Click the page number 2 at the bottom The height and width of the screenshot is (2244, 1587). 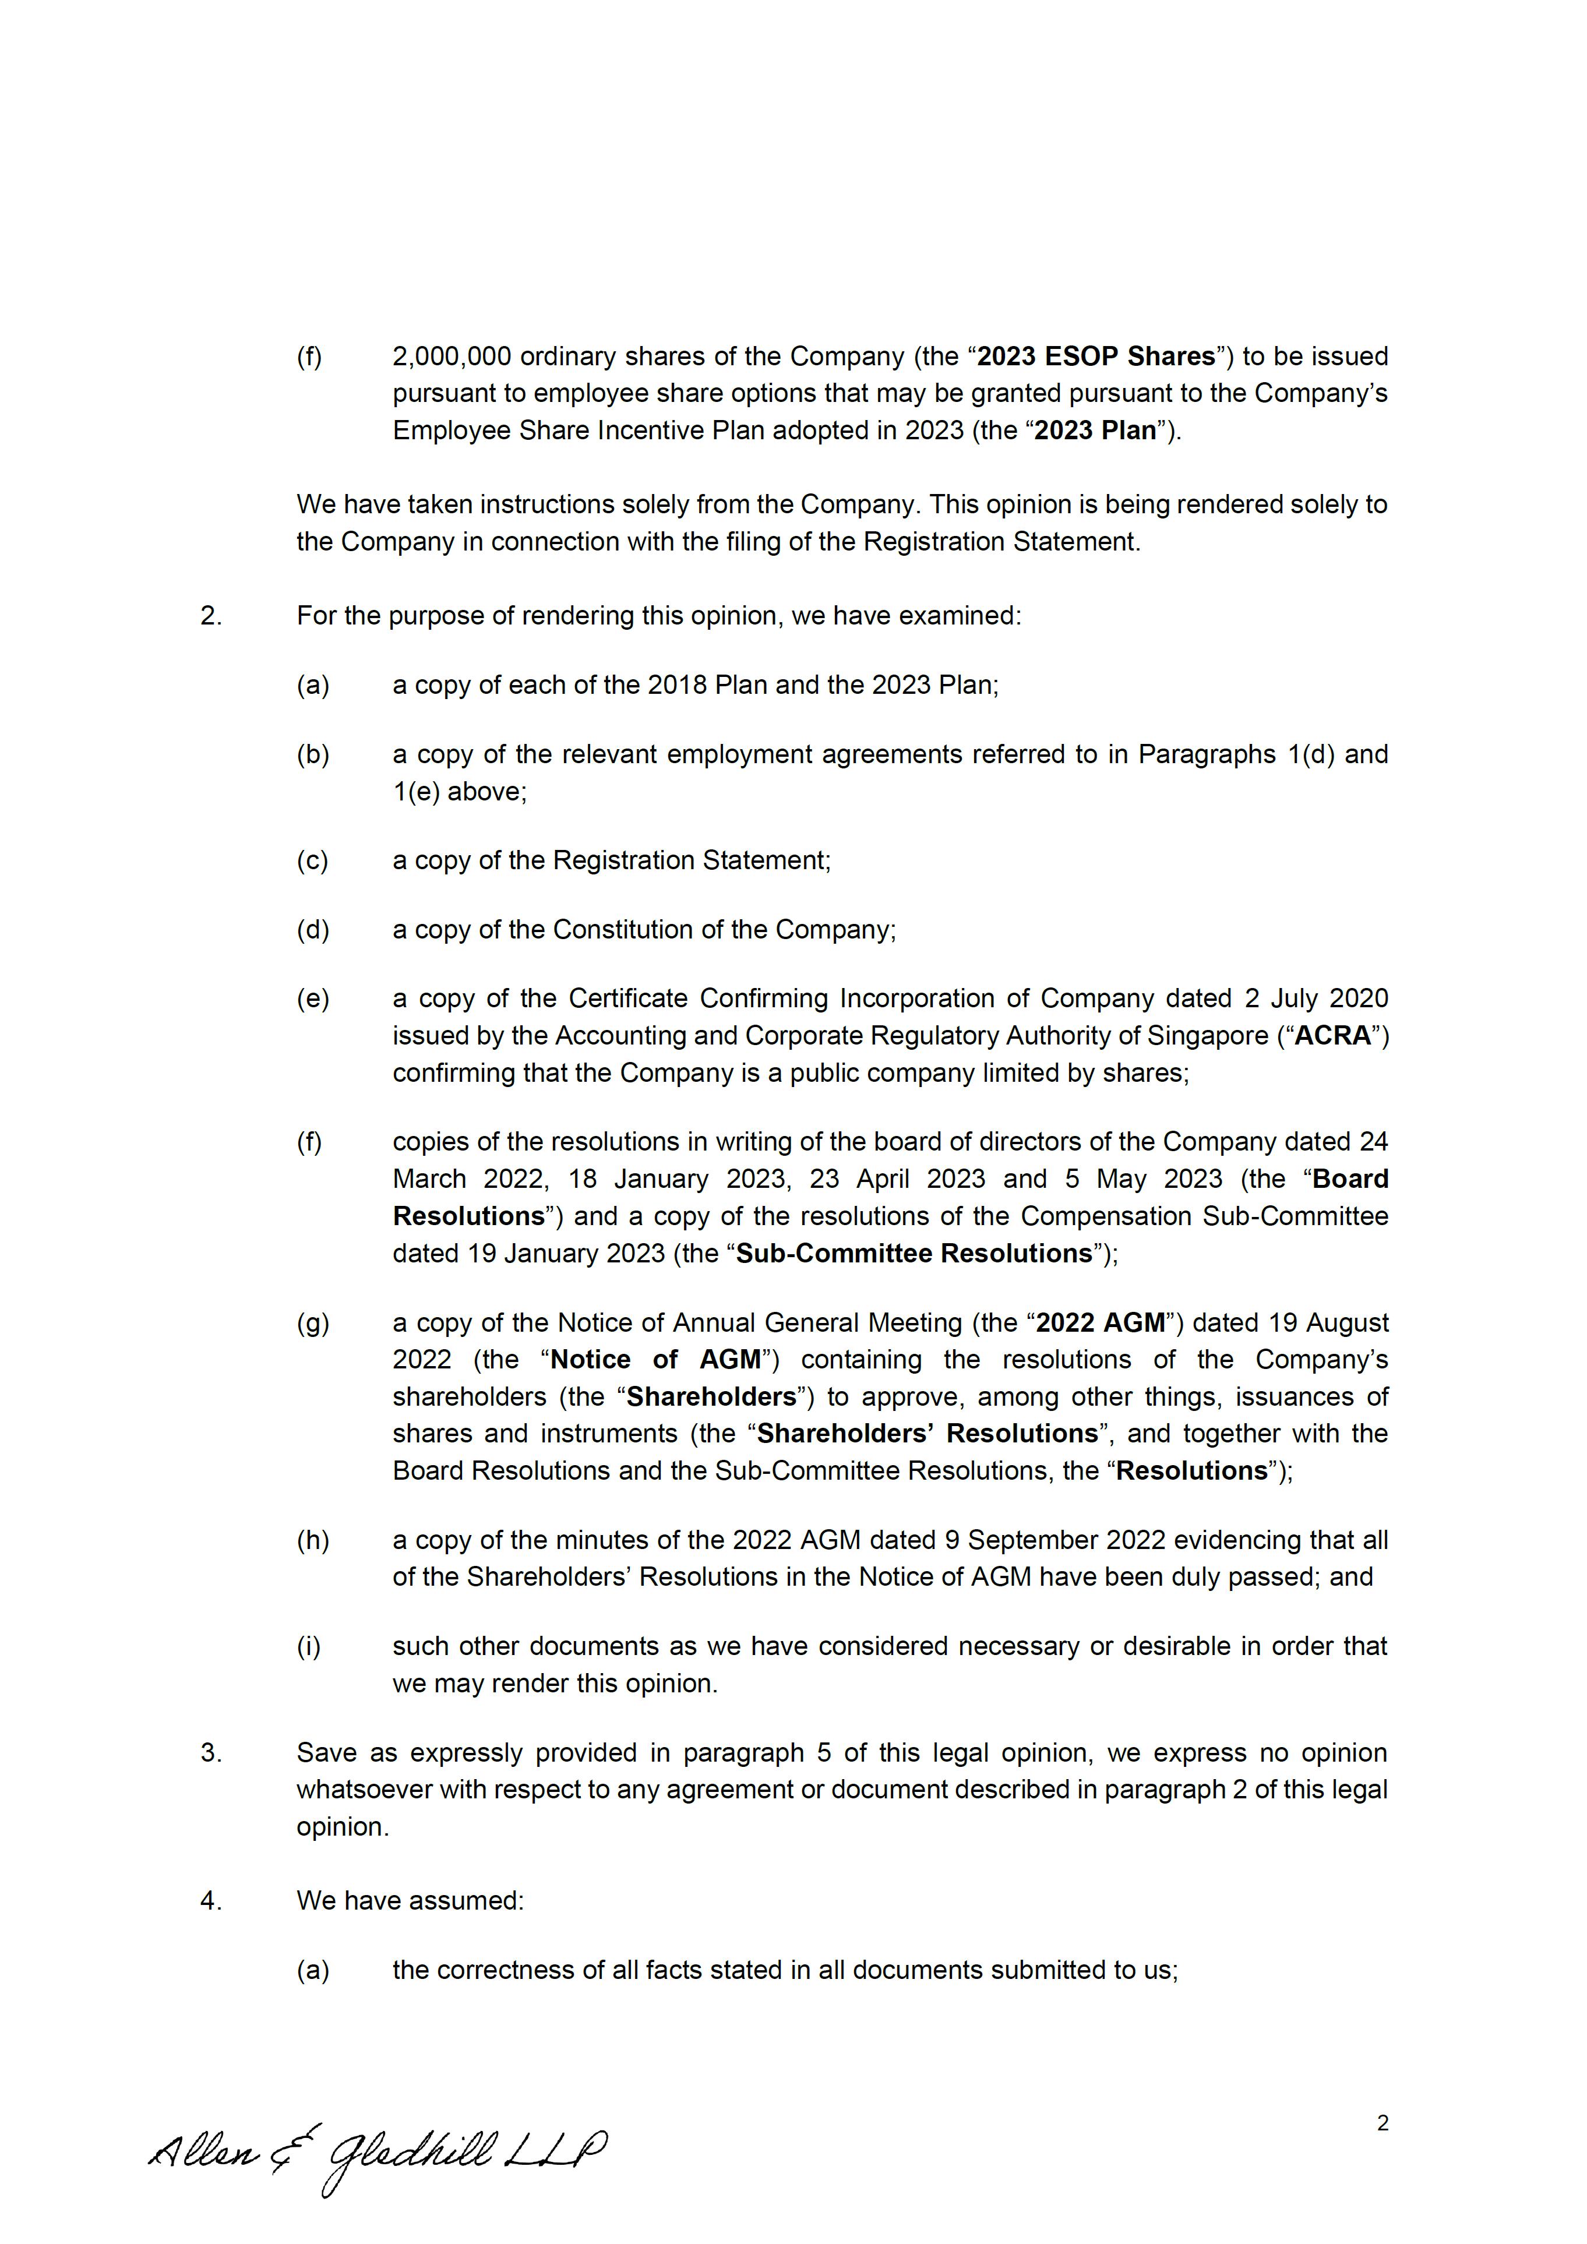click(x=1382, y=2123)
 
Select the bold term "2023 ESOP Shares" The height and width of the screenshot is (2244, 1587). click(x=1095, y=356)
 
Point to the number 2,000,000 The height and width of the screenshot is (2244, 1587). click(x=452, y=356)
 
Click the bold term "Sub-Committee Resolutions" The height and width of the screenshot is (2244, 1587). click(x=914, y=1253)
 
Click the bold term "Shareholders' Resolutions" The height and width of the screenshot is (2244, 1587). click(x=927, y=1433)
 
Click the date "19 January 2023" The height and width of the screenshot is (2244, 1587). click(x=567, y=1253)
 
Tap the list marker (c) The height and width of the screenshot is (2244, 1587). click(x=313, y=860)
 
